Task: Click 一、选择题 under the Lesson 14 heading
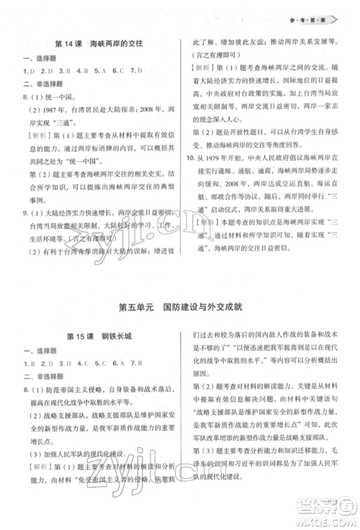pos(39,58)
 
